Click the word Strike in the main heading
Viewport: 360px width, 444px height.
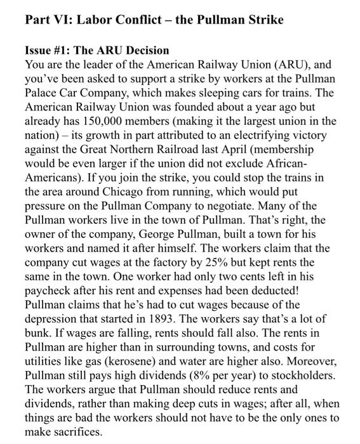(256, 20)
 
